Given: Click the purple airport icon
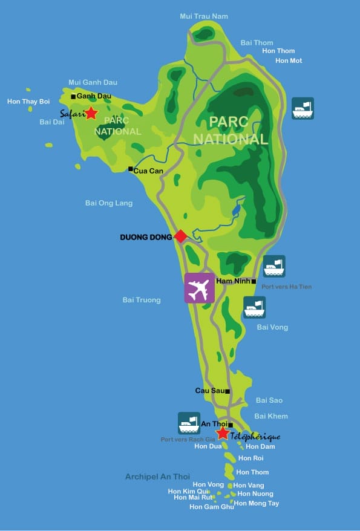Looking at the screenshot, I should coord(200,288).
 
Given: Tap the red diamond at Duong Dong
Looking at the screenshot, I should coord(180,236).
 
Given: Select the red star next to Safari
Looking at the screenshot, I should coord(91,113).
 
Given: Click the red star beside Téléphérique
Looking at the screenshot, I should coord(223,433).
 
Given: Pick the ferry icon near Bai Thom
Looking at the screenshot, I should coord(303,108).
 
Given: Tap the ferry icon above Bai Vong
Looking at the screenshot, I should coord(254,307).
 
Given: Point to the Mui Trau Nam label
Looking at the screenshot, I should coord(204,16).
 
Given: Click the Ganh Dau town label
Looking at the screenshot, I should coord(94,96).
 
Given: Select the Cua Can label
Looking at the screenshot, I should coord(149,171).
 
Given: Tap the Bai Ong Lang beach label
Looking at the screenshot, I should coord(109,203).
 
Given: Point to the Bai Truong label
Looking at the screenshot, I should coord(142,300).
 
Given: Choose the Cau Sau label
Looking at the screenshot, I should coord(209,391).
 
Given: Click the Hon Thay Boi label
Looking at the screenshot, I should coord(28,101).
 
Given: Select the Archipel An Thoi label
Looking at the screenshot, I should coord(157,477).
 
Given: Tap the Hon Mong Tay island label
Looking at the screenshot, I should coord(257,503).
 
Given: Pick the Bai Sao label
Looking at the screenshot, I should coord(269,400).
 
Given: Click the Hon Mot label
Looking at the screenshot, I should coord(289,60).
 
